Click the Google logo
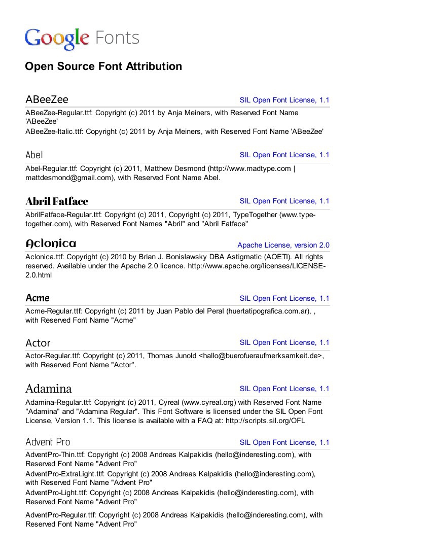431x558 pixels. [x=56, y=39]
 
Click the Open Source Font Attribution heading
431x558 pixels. [x=103, y=66]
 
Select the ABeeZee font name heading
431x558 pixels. [x=47, y=99]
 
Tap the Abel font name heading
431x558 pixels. [x=34, y=155]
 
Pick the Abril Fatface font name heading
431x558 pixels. [x=57, y=201]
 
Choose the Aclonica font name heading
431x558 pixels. [x=51, y=244]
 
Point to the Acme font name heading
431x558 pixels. [x=38, y=298]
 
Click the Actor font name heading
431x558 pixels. [x=38, y=343]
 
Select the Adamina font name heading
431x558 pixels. [x=49, y=389]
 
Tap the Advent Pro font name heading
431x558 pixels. [x=48, y=442]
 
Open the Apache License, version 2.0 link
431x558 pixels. [x=283, y=245]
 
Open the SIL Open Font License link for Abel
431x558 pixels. [x=284, y=155]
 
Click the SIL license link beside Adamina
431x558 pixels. [x=284, y=389]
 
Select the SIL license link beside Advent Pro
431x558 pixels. [x=284, y=442]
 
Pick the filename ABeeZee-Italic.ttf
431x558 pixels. [x=54, y=131]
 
